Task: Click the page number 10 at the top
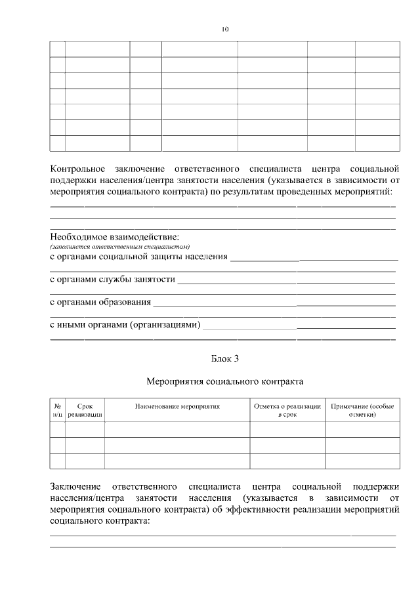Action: (225, 30)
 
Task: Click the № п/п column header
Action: (57, 410)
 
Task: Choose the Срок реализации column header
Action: (85, 410)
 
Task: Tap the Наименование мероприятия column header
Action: (177, 406)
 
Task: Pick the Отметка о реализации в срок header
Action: (287, 410)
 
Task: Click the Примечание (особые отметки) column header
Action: (363, 410)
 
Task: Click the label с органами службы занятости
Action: (112, 280)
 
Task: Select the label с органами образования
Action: (100, 302)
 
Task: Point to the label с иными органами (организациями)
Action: (125, 325)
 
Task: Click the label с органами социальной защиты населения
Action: (138, 257)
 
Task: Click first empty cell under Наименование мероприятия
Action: (177, 429)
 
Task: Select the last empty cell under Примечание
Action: (363, 461)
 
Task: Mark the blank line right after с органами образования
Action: (276, 304)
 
